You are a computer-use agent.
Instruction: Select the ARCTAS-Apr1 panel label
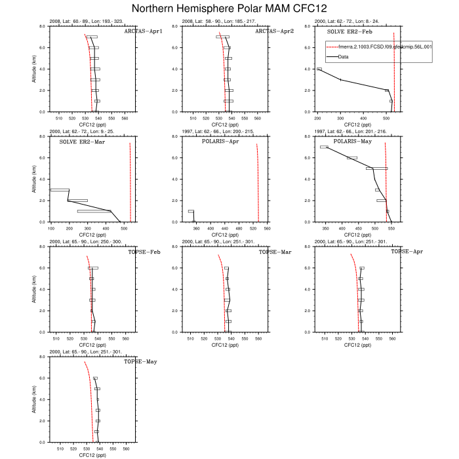[x=143, y=31]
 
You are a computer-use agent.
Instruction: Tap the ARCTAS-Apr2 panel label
[x=273, y=31]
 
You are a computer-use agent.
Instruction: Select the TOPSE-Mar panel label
[x=274, y=252]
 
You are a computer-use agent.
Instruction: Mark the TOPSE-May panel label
[x=140, y=362]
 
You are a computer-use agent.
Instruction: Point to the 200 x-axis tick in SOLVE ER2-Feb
[x=319, y=118]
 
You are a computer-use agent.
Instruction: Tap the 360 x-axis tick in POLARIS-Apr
[x=195, y=228]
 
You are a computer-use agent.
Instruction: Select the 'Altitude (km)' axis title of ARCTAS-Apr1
[x=35, y=69]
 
